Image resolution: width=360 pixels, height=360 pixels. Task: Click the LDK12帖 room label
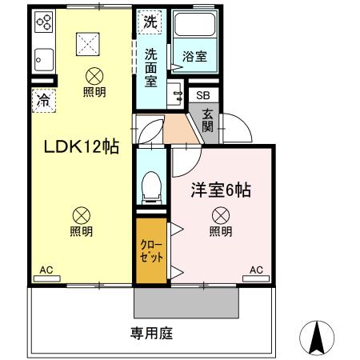76,147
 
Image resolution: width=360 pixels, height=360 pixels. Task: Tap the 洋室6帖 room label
220,191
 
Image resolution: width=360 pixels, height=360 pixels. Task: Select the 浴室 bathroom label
194,58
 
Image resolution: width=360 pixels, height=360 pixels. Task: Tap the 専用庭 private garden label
152,333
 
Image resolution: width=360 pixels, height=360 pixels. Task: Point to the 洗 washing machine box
150,23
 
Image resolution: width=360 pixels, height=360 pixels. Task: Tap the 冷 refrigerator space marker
42,102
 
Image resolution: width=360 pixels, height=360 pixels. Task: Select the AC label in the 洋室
256,271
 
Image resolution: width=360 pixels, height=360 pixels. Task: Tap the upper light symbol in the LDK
94,76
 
